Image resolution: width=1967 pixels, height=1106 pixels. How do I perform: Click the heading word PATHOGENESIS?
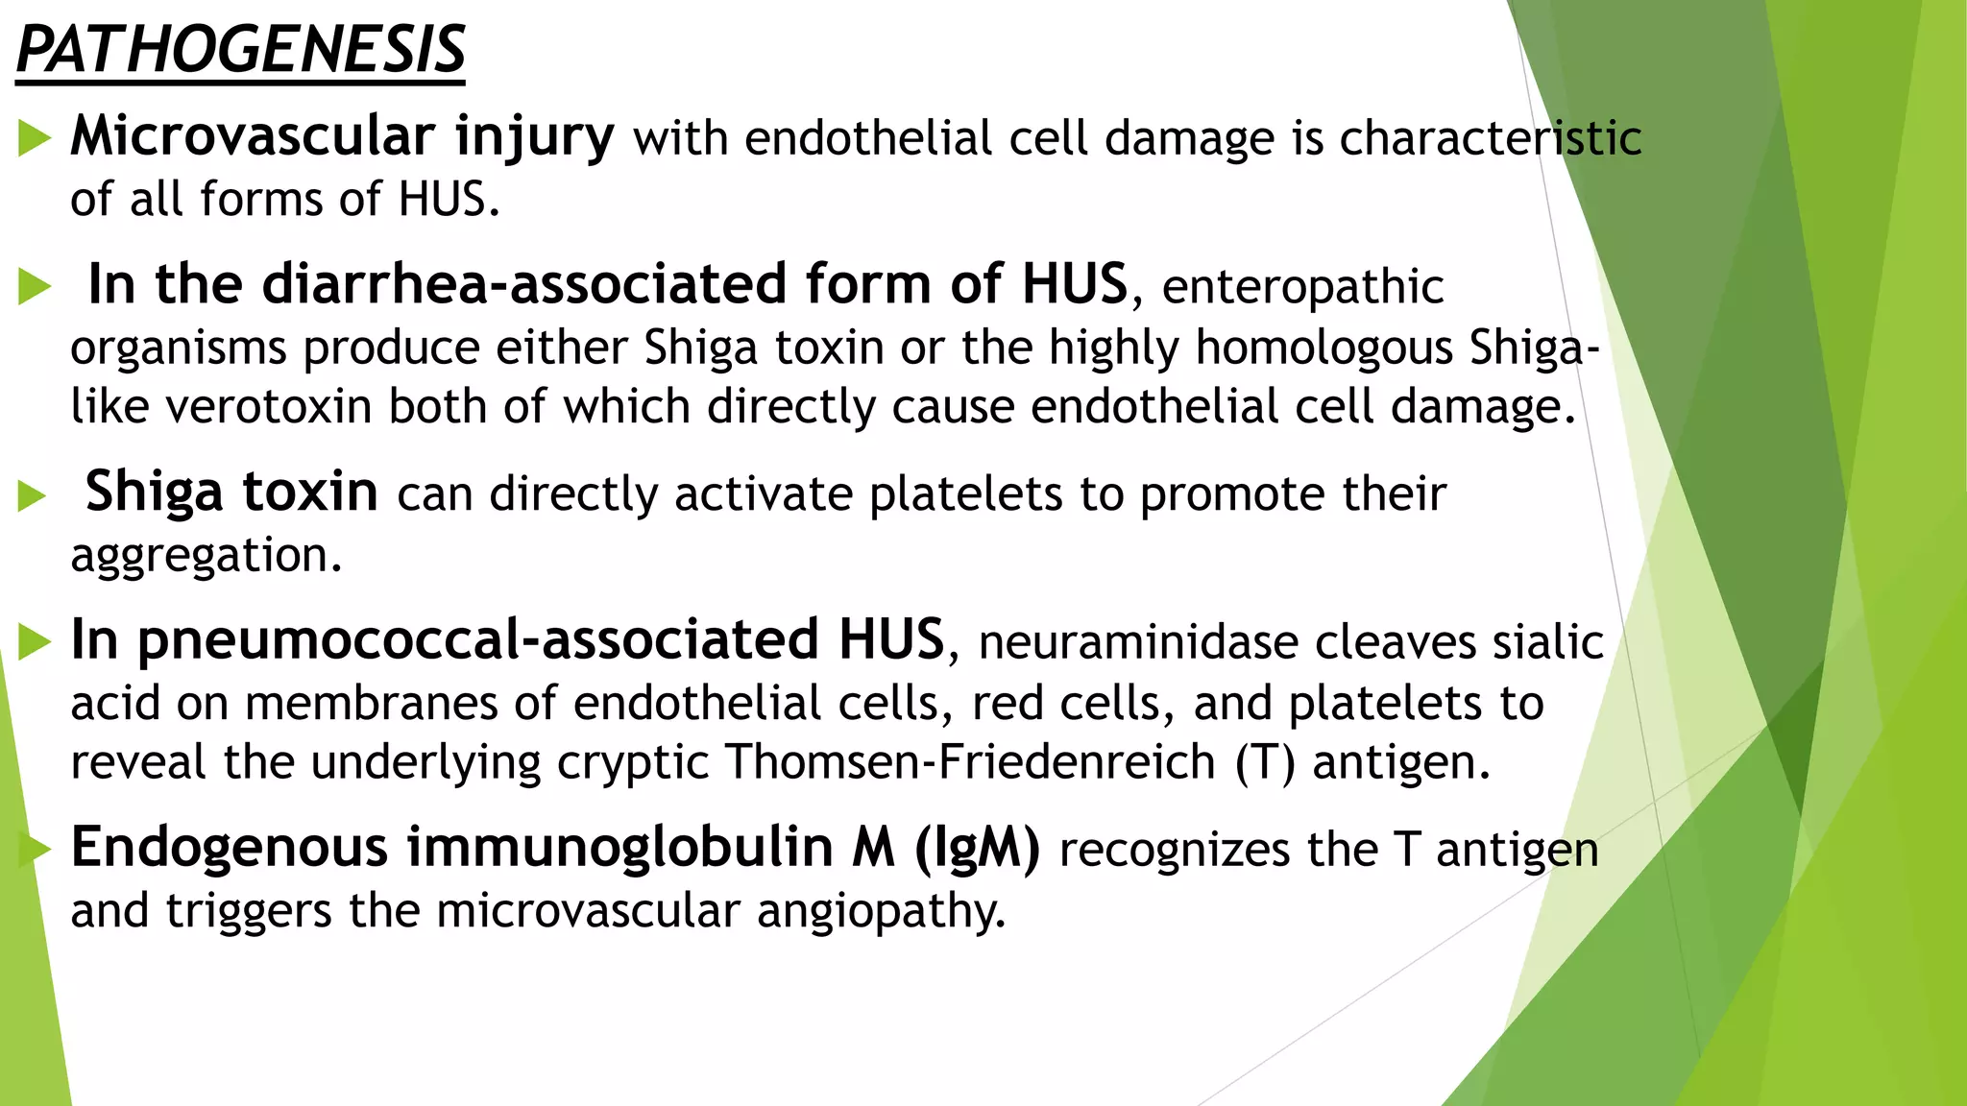(240, 50)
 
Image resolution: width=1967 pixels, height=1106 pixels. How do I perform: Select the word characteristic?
(1490, 138)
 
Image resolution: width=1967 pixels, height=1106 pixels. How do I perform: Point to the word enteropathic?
(1302, 287)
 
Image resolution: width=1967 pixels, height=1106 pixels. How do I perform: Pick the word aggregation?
(206, 556)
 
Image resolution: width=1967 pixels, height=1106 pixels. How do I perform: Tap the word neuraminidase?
(1137, 642)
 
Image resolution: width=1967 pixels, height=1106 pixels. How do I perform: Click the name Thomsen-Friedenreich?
(971, 762)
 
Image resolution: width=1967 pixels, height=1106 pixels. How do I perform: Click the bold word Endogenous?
(230, 848)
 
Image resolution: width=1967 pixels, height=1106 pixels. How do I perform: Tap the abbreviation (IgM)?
(977, 849)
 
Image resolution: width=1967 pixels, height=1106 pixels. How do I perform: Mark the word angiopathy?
(881, 911)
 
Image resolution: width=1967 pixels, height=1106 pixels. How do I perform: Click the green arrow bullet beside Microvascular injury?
(35, 140)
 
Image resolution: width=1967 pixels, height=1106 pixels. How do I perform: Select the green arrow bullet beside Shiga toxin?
(32, 496)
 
